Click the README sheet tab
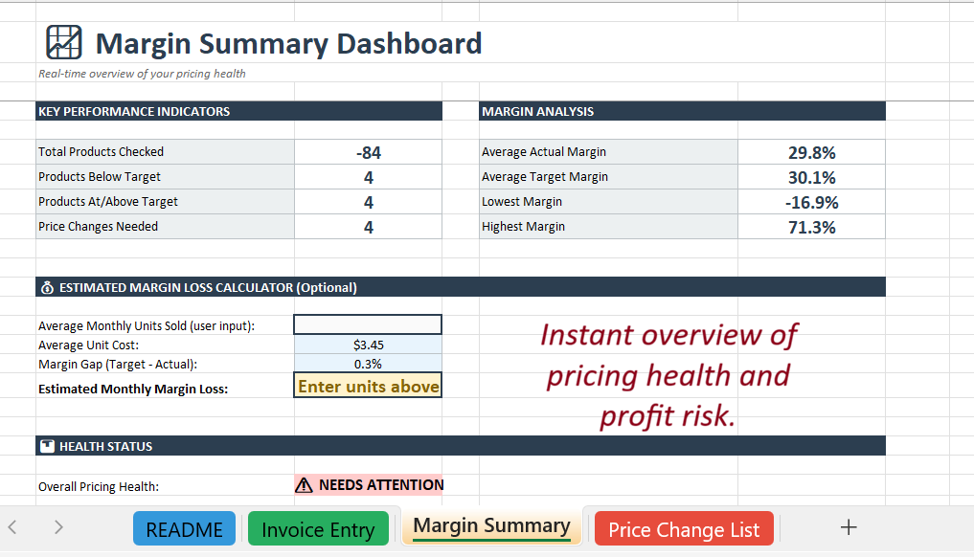click(x=184, y=529)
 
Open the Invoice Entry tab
click(x=318, y=529)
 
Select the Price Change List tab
click(x=684, y=529)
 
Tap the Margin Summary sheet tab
click(x=491, y=526)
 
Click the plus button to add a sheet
click(x=848, y=527)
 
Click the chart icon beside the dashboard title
click(x=64, y=42)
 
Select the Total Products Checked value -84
click(x=368, y=152)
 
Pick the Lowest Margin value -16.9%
click(x=811, y=202)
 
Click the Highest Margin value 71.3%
click(x=811, y=227)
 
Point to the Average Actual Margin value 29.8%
click(x=811, y=152)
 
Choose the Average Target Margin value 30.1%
click(x=811, y=177)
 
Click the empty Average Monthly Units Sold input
click(x=368, y=325)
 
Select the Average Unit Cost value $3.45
click(x=368, y=345)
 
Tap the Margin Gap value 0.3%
click(x=368, y=364)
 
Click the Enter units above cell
click(x=368, y=387)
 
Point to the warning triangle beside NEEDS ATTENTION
click(x=305, y=485)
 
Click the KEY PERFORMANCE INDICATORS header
click(x=134, y=111)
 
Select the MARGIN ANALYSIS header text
click(x=537, y=111)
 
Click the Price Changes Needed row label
click(x=98, y=227)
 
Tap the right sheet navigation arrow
click(x=58, y=526)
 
